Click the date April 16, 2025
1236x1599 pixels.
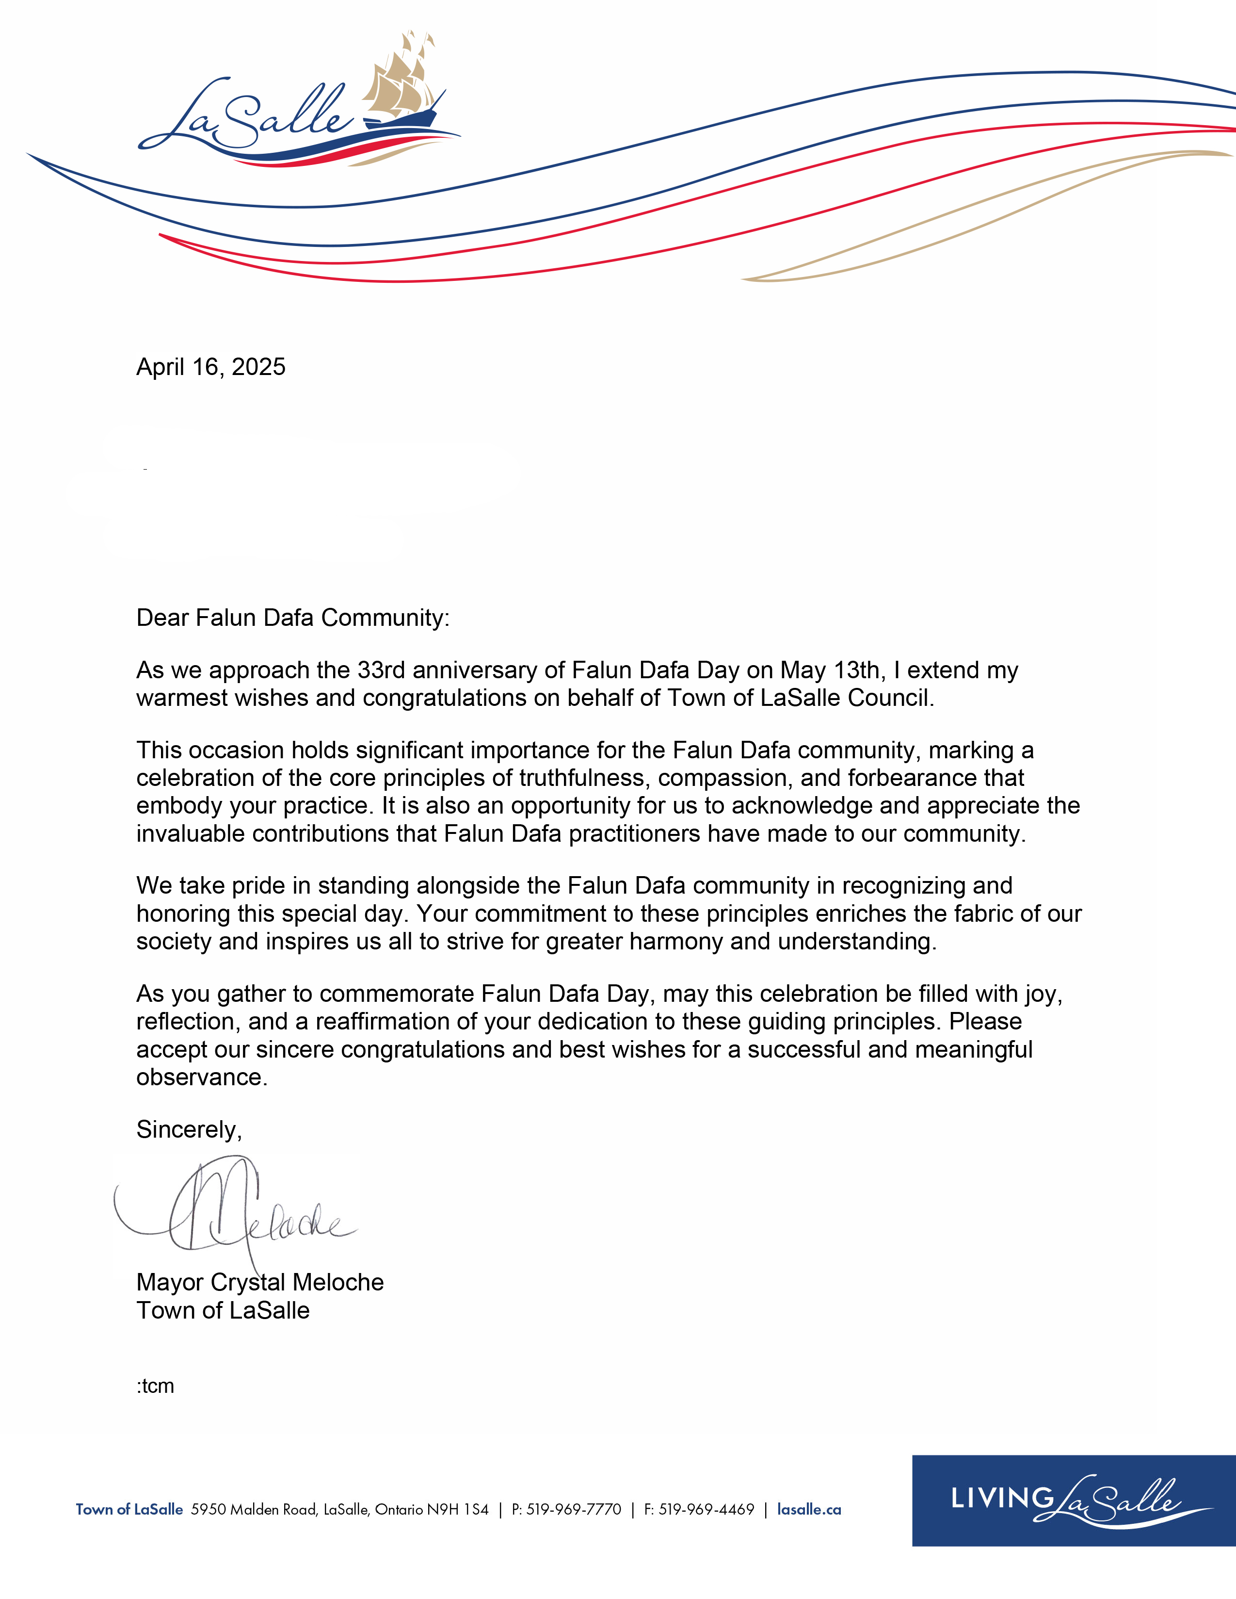[x=211, y=367]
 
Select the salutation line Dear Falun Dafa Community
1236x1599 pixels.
[x=293, y=618]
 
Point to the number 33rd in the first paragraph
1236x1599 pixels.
[x=381, y=670]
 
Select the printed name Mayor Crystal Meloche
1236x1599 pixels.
[x=260, y=1282]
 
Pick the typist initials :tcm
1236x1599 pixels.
[x=155, y=1386]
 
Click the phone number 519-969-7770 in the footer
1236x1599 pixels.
[x=574, y=1510]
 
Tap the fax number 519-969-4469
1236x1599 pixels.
[x=706, y=1510]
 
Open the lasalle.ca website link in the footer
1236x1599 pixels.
[x=809, y=1510]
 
